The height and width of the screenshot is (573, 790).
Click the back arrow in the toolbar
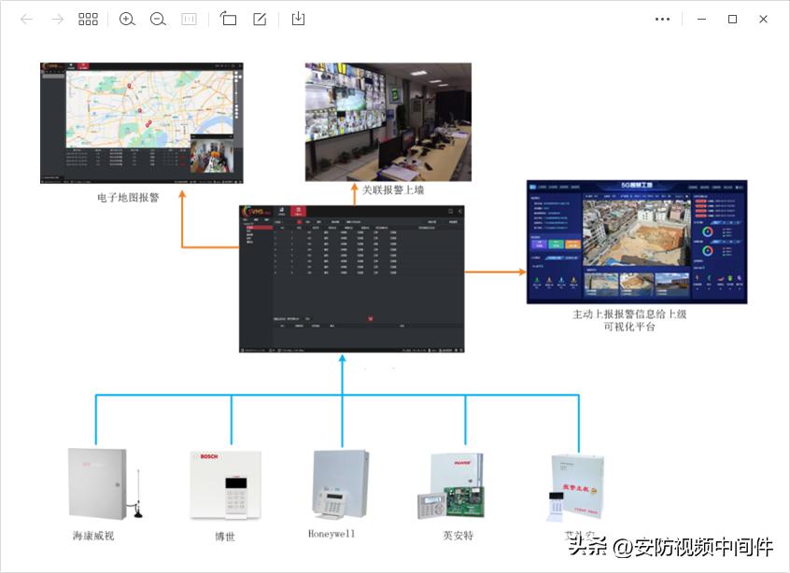click(x=26, y=19)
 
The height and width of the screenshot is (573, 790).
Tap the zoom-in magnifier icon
click(x=127, y=19)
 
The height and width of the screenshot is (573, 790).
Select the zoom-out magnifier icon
click(x=158, y=19)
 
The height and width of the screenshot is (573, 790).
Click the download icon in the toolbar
click(x=298, y=19)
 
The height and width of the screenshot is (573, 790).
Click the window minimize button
click(x=701, y=19)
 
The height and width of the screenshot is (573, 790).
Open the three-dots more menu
click(x=663, y=19)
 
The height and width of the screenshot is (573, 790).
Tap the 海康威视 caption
click(x=94, y=537)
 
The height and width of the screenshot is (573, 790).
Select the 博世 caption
click(x=225, y=537)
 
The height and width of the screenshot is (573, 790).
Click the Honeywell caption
click(x=332, y=535)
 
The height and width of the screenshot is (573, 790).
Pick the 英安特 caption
click(x=458, y=537)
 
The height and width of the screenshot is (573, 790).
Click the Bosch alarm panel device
click(x=226, y=485)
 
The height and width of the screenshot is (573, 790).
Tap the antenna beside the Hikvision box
click(x=137, y=494)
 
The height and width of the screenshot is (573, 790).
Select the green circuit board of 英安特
click(x=464, y=500)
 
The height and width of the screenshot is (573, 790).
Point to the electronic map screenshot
click(x=142, y=122)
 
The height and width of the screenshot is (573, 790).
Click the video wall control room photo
click(x=388, y=121)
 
